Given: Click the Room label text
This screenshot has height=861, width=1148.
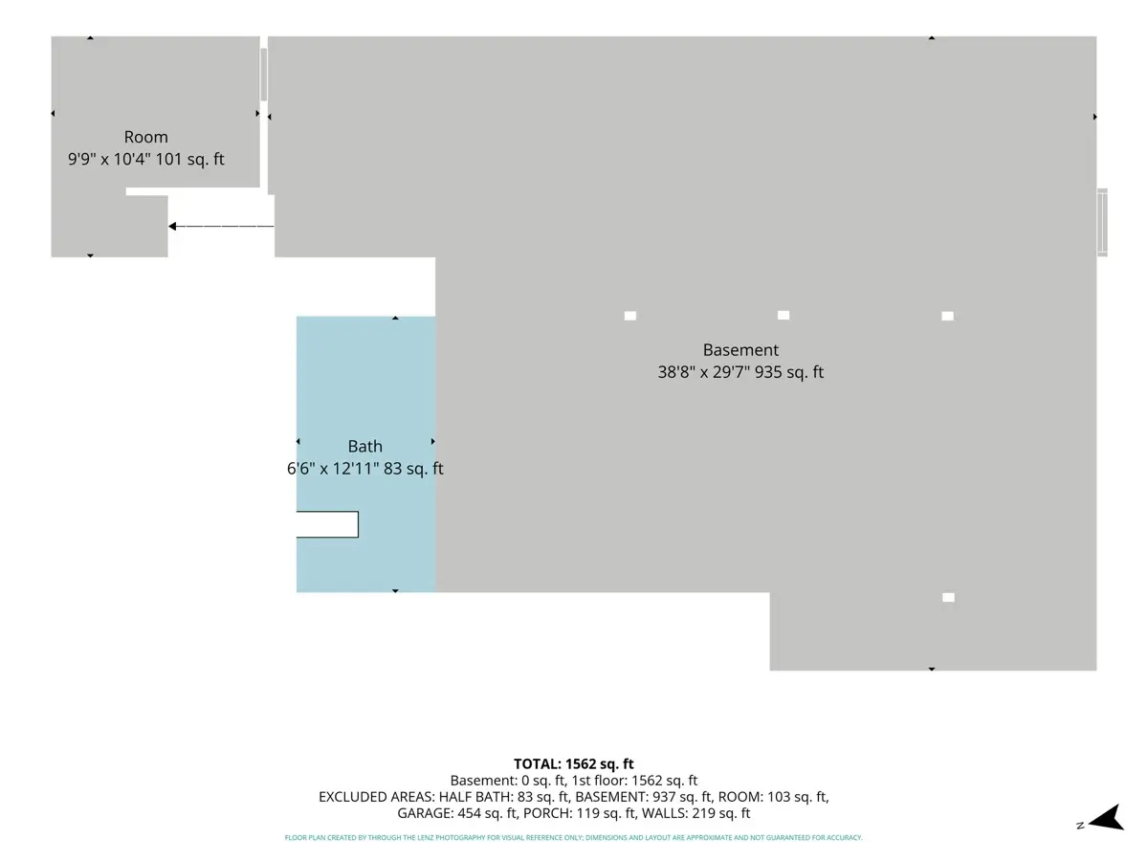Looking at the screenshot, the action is point(146,137).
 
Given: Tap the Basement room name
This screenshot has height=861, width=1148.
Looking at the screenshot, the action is point(740,350).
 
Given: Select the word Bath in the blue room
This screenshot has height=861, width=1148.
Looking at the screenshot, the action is point(365,446).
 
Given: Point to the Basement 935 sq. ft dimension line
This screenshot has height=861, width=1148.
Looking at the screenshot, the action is point(740,372).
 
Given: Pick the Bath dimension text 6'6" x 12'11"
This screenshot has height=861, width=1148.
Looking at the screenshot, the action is point(333,469).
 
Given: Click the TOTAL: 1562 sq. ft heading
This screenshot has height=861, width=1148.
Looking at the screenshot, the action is point(574,763).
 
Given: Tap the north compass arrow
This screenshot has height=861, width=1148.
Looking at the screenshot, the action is point(1107,819).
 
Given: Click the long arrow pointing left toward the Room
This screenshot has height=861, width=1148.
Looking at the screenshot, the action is point(221,227).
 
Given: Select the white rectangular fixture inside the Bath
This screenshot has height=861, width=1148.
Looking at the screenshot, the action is point(327,524).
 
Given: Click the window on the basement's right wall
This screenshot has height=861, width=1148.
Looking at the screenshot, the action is point(1102,222).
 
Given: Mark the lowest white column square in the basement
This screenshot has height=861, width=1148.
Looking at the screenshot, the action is point(948,598).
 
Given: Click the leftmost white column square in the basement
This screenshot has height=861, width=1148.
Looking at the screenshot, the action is point(630,316).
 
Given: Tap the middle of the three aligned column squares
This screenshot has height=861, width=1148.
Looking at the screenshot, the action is point(784,316).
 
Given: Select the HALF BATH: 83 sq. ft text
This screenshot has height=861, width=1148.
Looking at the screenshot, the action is point(503,797).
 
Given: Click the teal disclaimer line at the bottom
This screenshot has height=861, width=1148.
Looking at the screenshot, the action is point(574,837).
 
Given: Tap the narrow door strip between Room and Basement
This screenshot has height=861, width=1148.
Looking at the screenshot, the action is point(264,75).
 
